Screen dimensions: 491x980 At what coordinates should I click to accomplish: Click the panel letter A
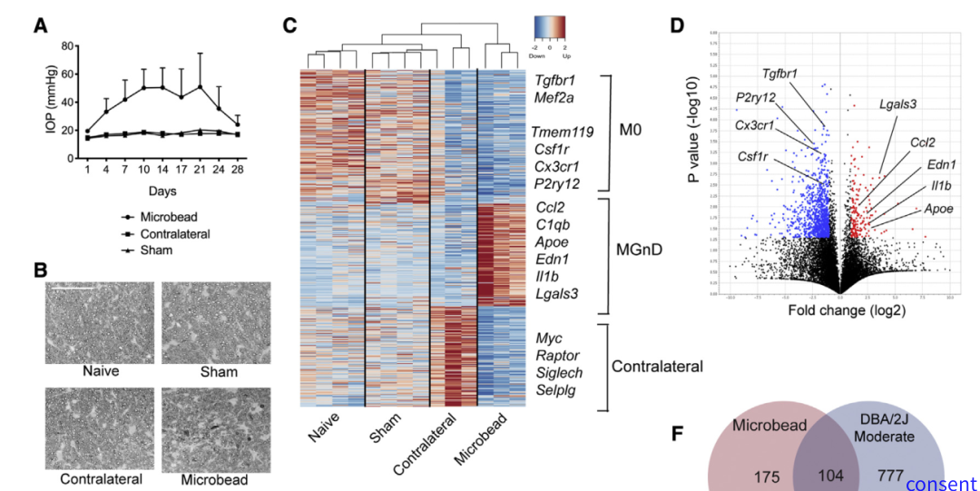coord(40,26)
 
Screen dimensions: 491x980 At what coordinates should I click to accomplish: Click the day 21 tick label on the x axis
coord(199,169)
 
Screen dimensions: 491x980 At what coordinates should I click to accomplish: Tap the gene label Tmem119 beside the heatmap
coord(563,133)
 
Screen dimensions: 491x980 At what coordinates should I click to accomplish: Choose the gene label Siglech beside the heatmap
coord(558,372)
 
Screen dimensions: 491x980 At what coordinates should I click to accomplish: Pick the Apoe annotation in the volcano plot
coord(938,210)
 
